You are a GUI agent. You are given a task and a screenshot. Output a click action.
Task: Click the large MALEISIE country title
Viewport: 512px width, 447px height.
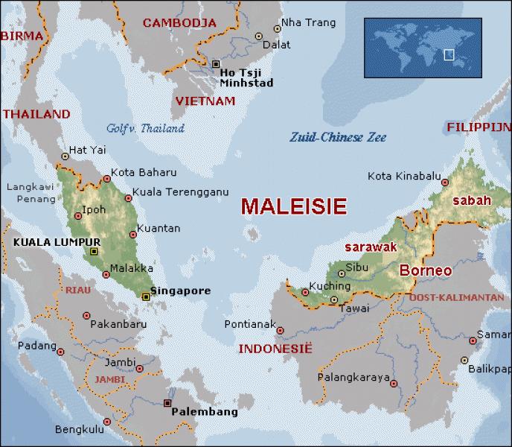coord(293,205)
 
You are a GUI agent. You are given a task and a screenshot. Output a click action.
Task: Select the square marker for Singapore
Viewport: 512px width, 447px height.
coord(146,297)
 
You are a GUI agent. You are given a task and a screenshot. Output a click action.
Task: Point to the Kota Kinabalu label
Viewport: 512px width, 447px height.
coord(402,176)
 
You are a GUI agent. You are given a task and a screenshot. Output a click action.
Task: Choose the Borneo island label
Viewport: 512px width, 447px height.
coord(426,271)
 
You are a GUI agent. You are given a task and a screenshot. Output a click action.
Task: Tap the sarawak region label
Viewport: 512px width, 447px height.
coord(368,246)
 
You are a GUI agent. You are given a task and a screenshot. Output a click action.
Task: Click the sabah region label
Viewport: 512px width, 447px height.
coord(472,200)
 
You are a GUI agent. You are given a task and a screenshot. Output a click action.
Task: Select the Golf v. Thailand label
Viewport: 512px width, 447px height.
coord(145,128)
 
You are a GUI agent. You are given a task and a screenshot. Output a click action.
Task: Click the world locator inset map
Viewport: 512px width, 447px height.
coord(422,48)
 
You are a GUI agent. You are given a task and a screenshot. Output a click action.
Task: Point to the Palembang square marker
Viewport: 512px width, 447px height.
coord(166,404)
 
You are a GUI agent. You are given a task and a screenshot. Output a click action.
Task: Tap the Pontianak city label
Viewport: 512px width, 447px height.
coord(249,325)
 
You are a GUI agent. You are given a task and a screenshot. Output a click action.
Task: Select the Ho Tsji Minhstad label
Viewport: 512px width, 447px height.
coord(246,77)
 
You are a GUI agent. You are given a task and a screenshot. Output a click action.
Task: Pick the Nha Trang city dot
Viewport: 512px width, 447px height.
coord(277,28)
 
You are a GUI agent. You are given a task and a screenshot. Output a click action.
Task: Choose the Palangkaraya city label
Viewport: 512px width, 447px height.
coord(353,378)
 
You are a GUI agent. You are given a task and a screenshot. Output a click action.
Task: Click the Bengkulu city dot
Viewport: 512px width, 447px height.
coord(106,422)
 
